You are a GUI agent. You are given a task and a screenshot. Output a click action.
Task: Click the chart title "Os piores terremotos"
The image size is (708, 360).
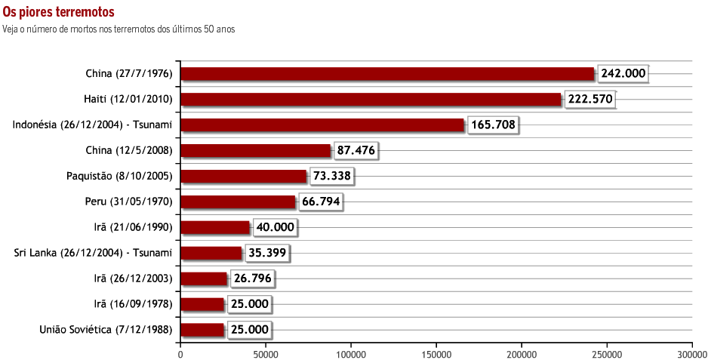pyautogui.click(x=59, y=13)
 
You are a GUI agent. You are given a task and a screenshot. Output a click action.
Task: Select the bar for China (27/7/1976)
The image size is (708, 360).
pyautogui.click(x=387, y=73)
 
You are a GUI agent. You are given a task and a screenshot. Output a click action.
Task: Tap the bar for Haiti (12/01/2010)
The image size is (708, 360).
pyautogui.click(x=371, y=100)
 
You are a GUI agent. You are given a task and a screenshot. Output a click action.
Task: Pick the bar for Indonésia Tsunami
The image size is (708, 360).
pyautogui.click(x=322, y=125)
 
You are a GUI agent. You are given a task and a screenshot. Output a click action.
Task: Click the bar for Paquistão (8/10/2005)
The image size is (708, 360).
pyautogui.click(x=243, y=177)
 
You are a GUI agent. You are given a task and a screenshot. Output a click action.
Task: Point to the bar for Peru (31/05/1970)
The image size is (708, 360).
pyautogui.click(x=238, y=202)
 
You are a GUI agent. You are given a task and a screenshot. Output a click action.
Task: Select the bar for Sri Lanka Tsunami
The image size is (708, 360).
pyautogui.click(x=211, y=253)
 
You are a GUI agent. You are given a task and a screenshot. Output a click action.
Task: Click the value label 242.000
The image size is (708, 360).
pyautogui.click(x=623, y=73)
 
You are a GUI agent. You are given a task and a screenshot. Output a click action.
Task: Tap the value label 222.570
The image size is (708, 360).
pyautogui.click(x=589, y=100)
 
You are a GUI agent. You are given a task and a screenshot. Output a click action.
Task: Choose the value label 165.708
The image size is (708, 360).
pyautogui.click(x=494, y=125)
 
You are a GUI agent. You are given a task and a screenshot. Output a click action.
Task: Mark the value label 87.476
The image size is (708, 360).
pyautogui.click(x=356, y=151)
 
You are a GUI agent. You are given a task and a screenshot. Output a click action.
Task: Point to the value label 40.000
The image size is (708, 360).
pyautogui.click(x=276, y=227)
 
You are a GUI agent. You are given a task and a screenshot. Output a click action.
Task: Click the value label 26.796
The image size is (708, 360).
pyautogui.click(x=252, y=278)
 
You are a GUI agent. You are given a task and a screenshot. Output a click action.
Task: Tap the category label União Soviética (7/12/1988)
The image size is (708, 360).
pyautogui.click(x=106, y=330)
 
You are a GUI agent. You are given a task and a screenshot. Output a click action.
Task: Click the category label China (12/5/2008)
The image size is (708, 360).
pyautogui.click(x=130, y=151)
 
